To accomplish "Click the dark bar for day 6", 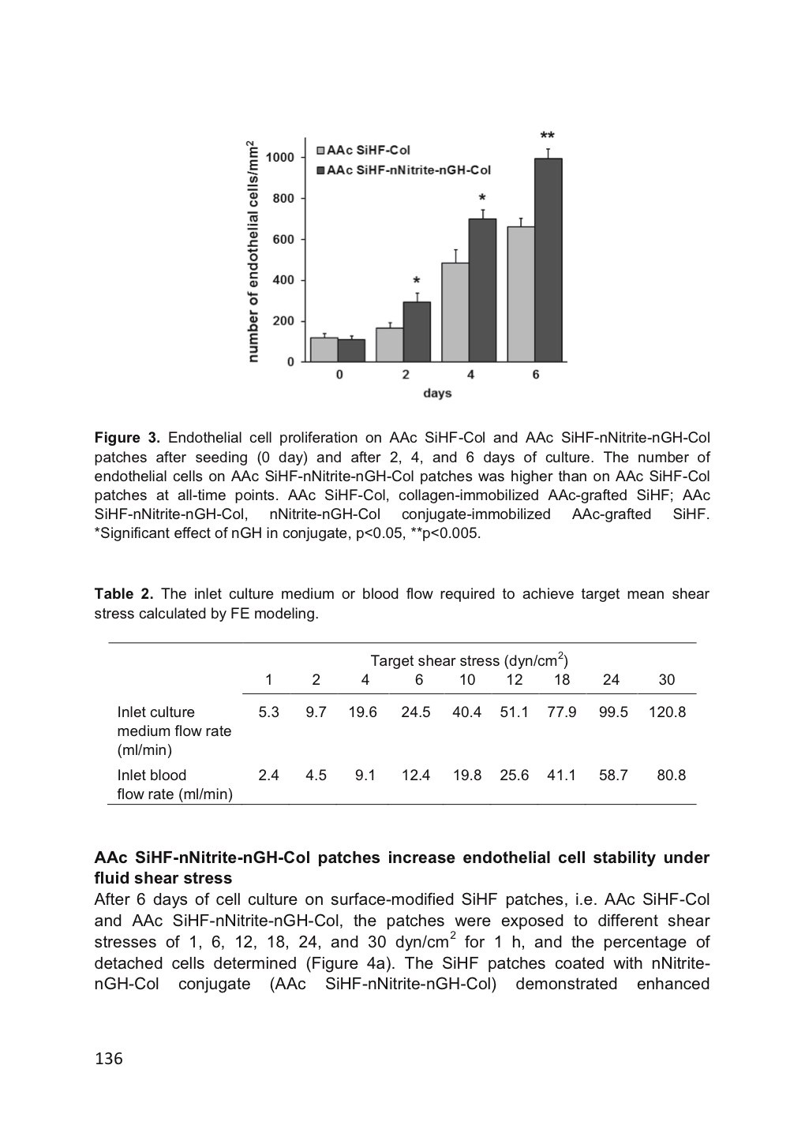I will click(548, 260).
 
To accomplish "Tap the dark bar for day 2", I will click(417, 331).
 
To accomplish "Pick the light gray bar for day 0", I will click(324, 349).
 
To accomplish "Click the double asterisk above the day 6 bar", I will click(547, 136).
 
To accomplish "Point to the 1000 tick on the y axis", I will click(280, 157).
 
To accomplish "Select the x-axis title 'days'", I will click(437, 392).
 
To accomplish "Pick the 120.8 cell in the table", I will click(667, 712).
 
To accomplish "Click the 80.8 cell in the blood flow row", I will click(671, 775).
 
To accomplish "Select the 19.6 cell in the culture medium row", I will click(363, 712).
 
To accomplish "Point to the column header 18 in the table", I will click(561, 680).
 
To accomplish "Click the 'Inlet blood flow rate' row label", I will click(174, 785).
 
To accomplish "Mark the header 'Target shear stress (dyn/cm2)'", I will click(470, 660).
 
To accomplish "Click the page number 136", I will click(109, 1059).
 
